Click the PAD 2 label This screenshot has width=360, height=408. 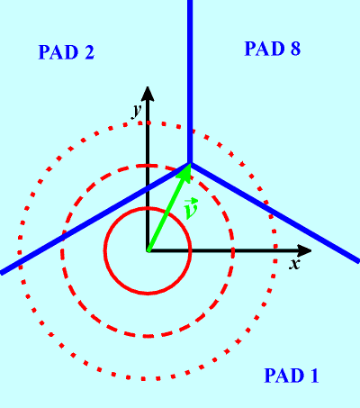click(67, 52)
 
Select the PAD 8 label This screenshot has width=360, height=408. click(273, 49)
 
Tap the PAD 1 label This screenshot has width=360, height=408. click(292, 375)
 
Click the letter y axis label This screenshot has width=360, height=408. click(137, 111)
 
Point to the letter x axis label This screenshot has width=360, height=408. click(294, 264)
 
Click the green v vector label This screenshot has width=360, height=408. click(191, 208)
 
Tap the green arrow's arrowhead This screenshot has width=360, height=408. click(184, 172)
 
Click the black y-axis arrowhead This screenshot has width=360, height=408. click(148, 94)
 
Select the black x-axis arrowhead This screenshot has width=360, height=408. click(304, 250)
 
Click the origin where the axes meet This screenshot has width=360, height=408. click(148, 250)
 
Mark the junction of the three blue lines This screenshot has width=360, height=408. click(190, 163)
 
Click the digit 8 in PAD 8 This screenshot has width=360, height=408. click(295, 49)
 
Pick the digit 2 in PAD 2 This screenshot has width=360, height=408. click(89, 52)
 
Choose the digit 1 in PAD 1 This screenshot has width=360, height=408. click(314, 376)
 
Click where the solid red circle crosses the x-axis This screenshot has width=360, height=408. click(191, 250)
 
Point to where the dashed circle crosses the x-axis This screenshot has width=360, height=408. click(233, 250)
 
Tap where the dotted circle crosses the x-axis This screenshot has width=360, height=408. click(275, 250)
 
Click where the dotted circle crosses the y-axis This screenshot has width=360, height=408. click(148, 122)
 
